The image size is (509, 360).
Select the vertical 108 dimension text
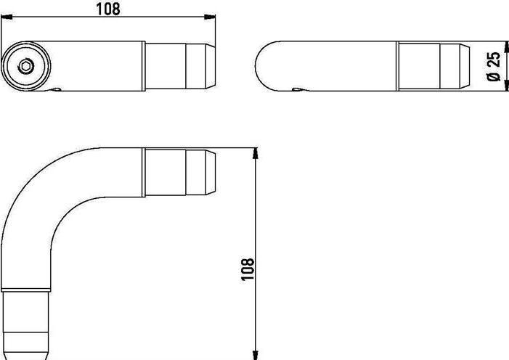247,269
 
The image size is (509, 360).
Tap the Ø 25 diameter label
494,67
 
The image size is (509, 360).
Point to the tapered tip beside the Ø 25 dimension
462,67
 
